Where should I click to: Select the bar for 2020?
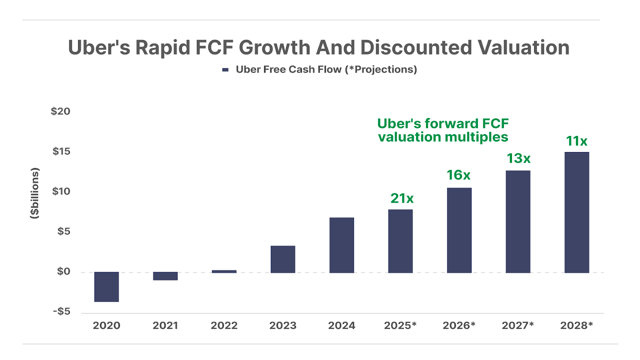[106, 287]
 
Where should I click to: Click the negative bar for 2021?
[165, 276]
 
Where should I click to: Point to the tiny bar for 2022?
[224, 272]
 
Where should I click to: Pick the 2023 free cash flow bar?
[283, 259]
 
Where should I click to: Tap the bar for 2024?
[342, 245]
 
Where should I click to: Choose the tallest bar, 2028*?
[577, 212]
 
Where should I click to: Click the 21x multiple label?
[402, 198]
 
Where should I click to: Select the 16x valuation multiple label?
[458, 175]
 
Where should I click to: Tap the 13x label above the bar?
[518, 159]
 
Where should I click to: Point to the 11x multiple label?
[576, 141]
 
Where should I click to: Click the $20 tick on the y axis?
[60, 111]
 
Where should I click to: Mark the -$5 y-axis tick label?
[62, 311]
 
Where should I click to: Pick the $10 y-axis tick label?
[61, 191]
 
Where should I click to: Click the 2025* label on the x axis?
[400, 326]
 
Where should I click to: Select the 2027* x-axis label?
[518, 326]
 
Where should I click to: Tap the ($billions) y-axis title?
[35, 193]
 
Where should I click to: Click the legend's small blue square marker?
[225, 70]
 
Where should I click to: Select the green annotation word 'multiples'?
[476, 137]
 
